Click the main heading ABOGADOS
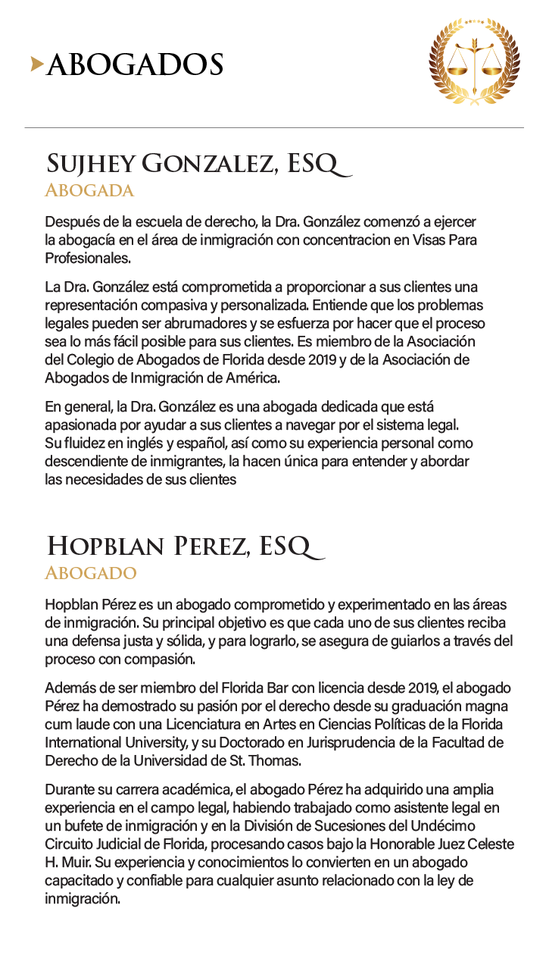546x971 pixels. pyautogui.click(x=135, y=65)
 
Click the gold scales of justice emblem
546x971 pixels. pyautogui.click(x=475, y=61)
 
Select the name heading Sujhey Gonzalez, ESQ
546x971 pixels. pyautogui.click(x=198, y=163)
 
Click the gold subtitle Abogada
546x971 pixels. pyautogui.click(x=89, y=190)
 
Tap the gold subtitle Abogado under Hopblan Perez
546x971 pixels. pyautogui.click(x=91, y=572)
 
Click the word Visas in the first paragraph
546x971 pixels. pyautogui.click(x=432, y=240)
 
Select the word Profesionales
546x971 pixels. pyautogui.click(x=88, y=258)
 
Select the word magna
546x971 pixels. pyautogui.click(x=494, y=706)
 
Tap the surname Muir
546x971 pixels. pyautogui.click(x=77, y=863)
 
